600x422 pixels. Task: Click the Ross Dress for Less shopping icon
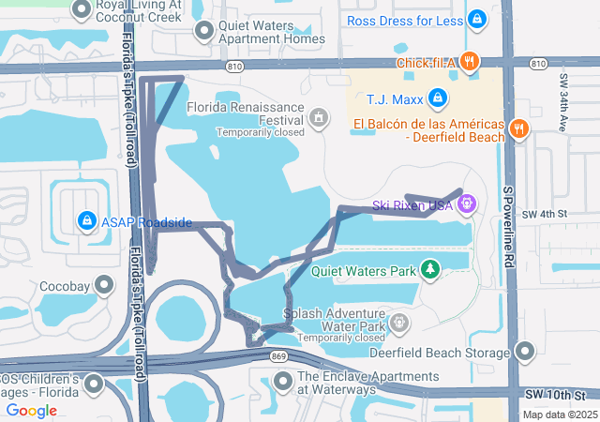click(478, 19)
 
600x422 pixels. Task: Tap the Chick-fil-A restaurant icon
click(470, 62)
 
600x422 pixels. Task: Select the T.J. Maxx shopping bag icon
click(437, 98)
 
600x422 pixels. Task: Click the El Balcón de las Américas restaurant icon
click(518, 128)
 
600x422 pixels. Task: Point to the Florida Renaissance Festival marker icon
click(319, 117)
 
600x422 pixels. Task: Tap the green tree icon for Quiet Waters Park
click(429, 270)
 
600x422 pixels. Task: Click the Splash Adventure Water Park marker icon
click(399, 324)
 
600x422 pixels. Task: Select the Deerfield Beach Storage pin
click(524, 352)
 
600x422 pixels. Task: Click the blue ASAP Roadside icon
click(86, 220)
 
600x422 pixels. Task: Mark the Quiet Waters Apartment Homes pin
click(204, 32)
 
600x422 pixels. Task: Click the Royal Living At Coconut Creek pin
click(82, 11)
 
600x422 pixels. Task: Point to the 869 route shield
click(278, 357)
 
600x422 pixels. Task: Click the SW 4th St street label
click(548, 214)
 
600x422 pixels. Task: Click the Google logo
click(31, 410)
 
